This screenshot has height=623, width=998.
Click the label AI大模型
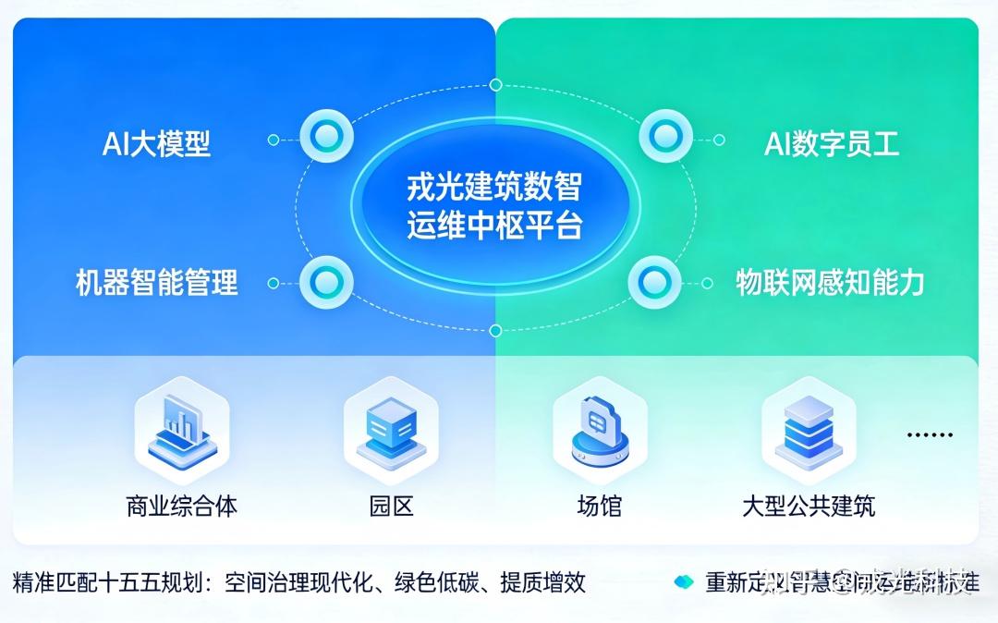click(156, 143)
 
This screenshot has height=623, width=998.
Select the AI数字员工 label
click(831, 143)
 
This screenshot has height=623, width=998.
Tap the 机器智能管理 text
click(156, 282)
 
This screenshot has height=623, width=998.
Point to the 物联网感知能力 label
click(830, 282)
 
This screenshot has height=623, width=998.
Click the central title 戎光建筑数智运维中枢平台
click(494, 206)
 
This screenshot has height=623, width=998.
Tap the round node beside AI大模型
click(325, 137)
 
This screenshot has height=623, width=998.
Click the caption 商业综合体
click(181, 506)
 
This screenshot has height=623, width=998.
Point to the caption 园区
click(390, 506)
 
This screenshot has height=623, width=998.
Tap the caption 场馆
click(599, 506)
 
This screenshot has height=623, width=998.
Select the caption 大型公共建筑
click(808, 506)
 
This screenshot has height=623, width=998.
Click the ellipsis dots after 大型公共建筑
click(929, 434)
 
